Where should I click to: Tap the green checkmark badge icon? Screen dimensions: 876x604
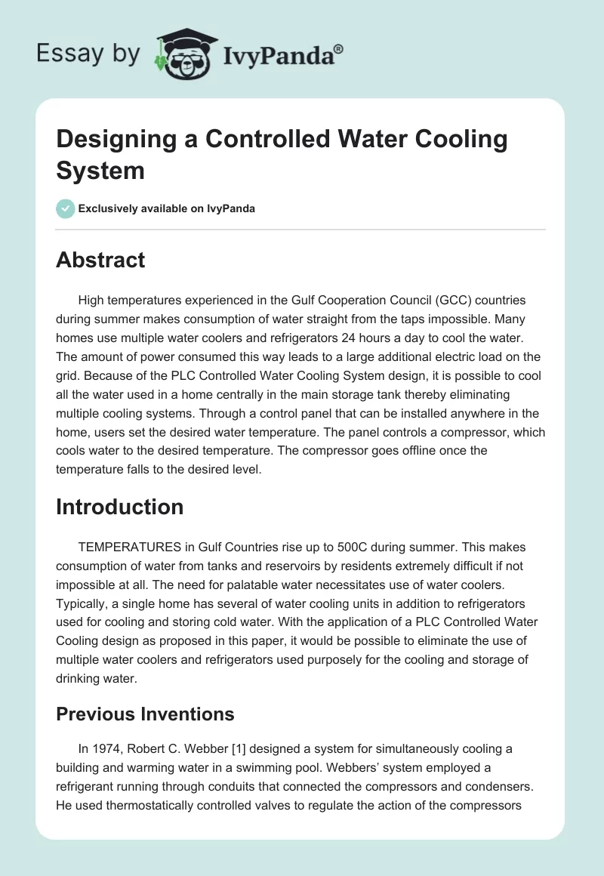point(66,208)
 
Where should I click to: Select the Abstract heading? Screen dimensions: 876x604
point(100,260)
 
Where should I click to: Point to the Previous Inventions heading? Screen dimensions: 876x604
point(145,714)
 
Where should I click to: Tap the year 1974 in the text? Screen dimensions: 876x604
point(107,748)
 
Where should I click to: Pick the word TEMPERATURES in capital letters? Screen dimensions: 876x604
point(125,546)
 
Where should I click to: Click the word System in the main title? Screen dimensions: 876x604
point(100,170)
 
